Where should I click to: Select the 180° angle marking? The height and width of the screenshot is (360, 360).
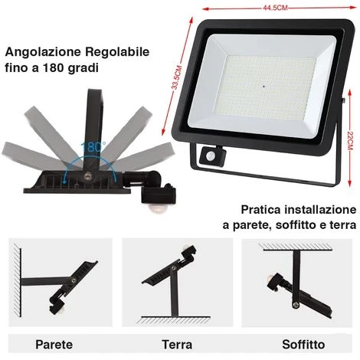93,145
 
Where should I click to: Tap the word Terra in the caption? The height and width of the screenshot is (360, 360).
177,344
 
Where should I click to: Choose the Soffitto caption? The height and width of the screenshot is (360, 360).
303,344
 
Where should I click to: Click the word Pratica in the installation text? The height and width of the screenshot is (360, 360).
261,209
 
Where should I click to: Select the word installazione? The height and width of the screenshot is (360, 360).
321,209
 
